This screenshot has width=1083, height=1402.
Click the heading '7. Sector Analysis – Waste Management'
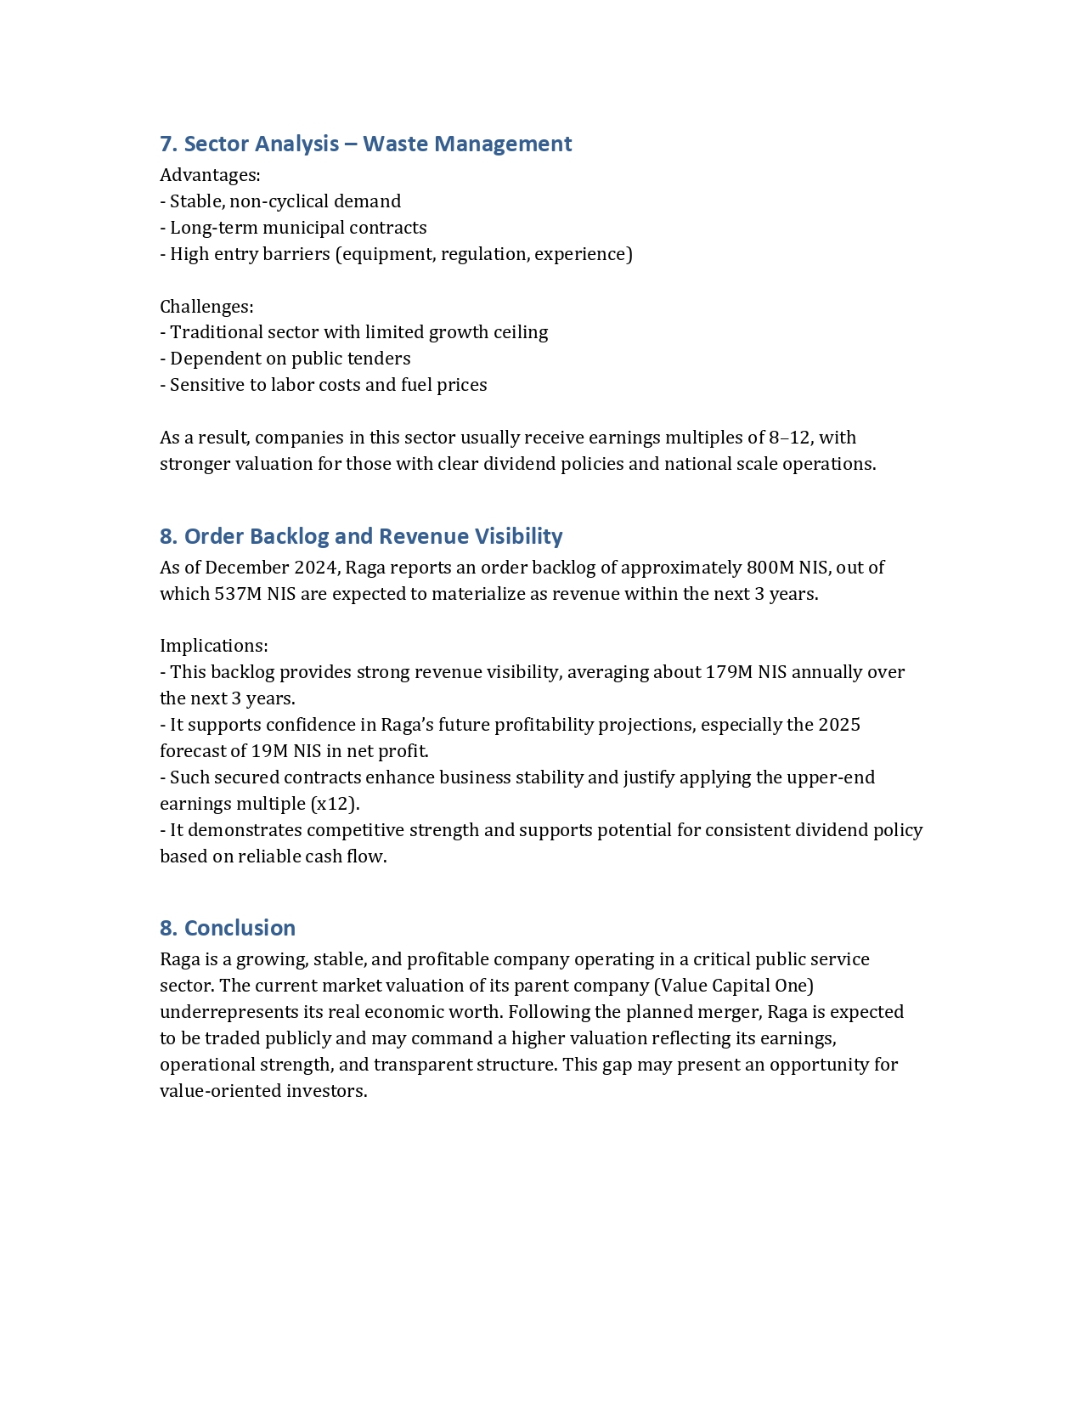click(x=365, y=144)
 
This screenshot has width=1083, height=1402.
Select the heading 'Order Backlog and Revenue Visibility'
click(x=373, y=536)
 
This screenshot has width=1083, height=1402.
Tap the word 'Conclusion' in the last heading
click(x=240, y=928)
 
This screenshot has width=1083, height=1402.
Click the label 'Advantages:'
click(x=210, y=175)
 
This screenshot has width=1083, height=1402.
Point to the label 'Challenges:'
click(x=206, y=306)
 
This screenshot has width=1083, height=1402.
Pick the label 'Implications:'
click(x=214, y=646)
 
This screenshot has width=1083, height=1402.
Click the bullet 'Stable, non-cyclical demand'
click(x=285, y=201)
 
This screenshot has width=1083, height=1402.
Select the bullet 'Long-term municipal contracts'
click(x=298, y=228)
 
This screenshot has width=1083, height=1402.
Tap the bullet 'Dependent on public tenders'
click(x=290, y=359)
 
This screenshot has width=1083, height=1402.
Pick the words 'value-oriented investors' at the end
click(x=263, y=1091)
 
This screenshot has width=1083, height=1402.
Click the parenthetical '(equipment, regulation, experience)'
click(x=483, y=254)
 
